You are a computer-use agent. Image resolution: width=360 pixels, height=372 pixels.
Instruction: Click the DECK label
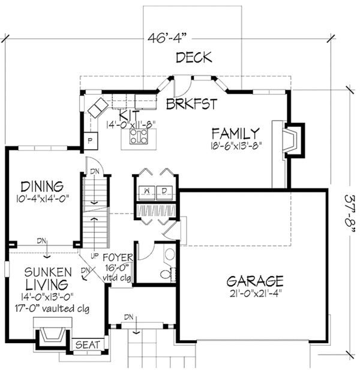(194, 58)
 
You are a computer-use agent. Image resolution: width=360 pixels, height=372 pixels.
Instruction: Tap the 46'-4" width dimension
(166, 38)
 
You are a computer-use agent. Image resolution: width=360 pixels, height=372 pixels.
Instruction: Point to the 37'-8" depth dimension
(350, 215)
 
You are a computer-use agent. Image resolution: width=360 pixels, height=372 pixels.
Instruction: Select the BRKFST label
(192, 104)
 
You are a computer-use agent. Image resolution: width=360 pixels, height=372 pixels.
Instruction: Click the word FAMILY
(235, 133)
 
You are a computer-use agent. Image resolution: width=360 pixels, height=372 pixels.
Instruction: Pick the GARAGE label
(255, 281)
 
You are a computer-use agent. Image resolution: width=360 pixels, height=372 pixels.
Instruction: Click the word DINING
(42, 187)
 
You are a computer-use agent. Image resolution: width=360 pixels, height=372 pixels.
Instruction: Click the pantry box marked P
(91, 141)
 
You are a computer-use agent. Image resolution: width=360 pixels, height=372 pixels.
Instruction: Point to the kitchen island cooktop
(139, 136)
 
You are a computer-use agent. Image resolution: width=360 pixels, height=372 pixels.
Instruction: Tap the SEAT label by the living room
(88, 345)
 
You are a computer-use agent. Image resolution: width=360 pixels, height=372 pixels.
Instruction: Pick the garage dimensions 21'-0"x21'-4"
(256, 294)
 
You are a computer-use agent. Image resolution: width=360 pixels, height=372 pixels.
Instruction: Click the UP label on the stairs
(94, 256)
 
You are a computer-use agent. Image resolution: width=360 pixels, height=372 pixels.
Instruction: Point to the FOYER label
(118, 257)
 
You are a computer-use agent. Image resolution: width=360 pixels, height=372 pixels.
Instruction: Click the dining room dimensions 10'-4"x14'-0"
(43, 198)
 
